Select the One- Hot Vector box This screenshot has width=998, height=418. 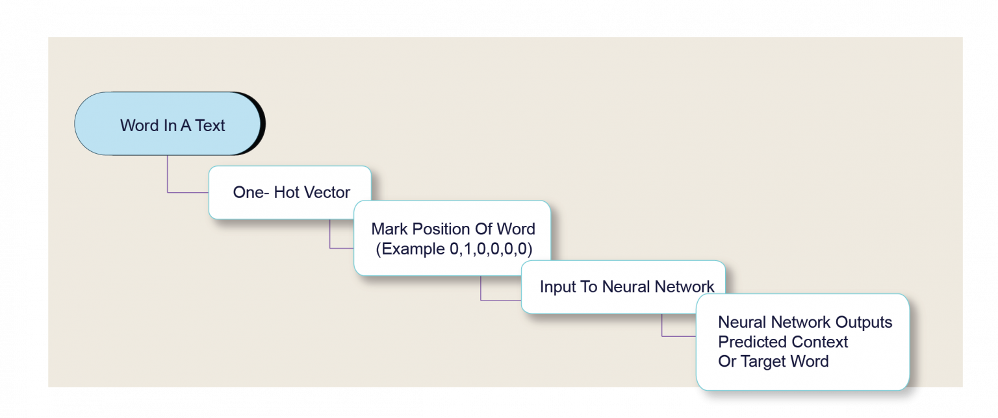pyautogui.click(x=290, y=192)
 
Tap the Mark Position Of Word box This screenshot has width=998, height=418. pyautogui.click(x=452, y=238)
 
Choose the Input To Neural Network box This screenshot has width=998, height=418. pyautogui.click(x=622, y=287)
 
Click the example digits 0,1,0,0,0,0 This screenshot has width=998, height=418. pyautogui.click(x=491, y=249)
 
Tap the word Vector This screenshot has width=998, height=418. pyautogui.click(x=327, y=193)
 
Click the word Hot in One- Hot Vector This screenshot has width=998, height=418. pyautogui.click(x=287, y=193)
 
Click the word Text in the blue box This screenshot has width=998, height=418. pyautogui.click(x=209, y=126)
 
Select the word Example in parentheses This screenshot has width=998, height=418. pyautogui.click(x=414, y=249)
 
